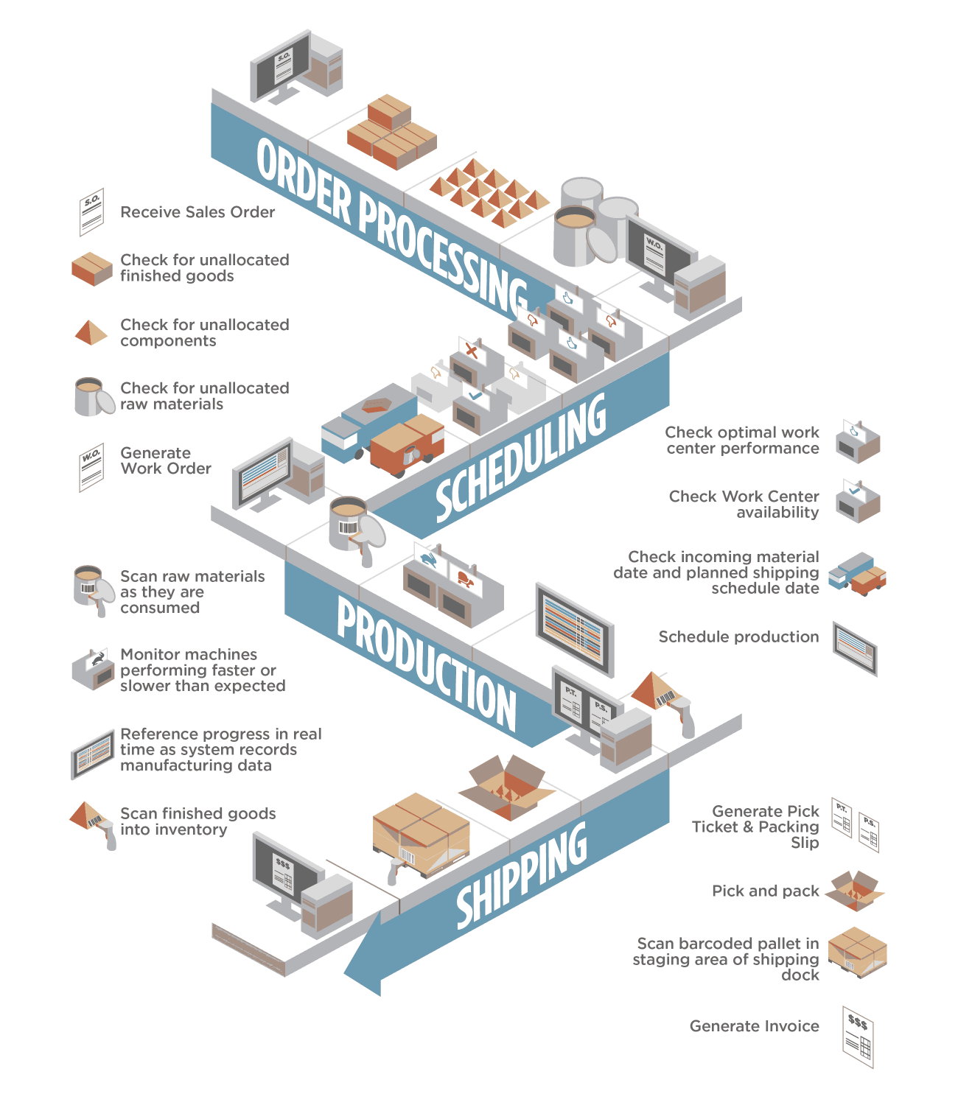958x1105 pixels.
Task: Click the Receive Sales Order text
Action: click(x=197, y=212)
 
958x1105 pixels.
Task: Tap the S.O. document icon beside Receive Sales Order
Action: click(x=91, y=212)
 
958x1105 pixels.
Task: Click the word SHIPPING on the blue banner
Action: click(x=522, y=877)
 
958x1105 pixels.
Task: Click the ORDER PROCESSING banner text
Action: click(x=391, y=221)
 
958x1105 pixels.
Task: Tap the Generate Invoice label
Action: click(x=754, y=1026)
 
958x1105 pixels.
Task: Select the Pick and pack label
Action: click(x=765, y=891)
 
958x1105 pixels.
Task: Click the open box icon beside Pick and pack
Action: click(x=854, y=891)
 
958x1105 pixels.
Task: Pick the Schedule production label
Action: click(x=738, y=637)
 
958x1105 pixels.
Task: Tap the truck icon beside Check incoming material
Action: click(x=856, y=574)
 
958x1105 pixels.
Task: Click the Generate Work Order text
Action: click(x=166, y=460)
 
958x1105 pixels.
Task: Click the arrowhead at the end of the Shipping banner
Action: click(x=365, y=958)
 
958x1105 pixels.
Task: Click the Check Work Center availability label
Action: click(x=744, y=505)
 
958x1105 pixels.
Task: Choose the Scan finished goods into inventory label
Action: click(x=197, y=821)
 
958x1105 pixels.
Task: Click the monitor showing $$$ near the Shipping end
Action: click(x=286, y=869)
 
